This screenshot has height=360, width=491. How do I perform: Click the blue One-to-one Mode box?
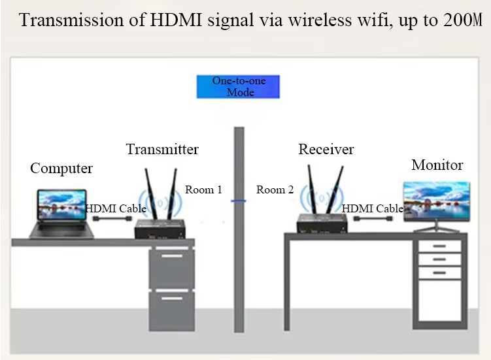(238, 87)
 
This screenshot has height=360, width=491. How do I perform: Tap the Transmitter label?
(162, 149)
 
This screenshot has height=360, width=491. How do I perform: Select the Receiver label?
(326, 149)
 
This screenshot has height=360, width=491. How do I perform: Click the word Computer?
(61, 169)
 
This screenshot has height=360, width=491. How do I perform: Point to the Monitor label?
(437, 165)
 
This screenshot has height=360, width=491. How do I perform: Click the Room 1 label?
(203, 189)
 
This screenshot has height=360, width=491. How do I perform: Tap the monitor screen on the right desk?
(435, 201)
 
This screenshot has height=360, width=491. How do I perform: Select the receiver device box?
(322, 225)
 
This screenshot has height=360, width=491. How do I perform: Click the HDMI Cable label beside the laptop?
(116, 208)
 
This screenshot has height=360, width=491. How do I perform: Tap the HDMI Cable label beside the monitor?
(373, 208)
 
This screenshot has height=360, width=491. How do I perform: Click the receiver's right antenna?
(338, 190)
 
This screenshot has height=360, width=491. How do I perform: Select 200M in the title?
(462, 21)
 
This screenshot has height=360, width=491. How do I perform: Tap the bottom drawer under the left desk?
(171, 309)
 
